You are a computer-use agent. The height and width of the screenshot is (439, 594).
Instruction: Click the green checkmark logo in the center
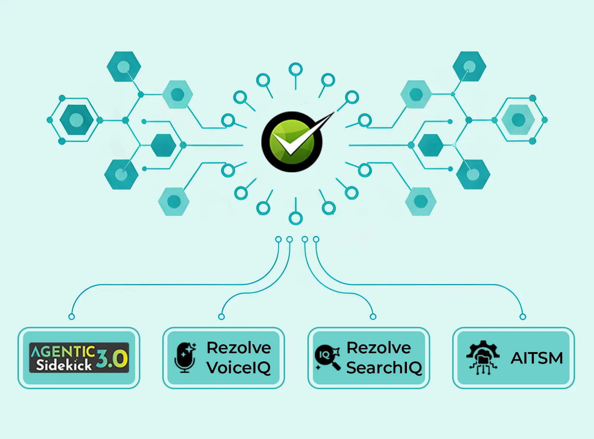[x=292, y=142]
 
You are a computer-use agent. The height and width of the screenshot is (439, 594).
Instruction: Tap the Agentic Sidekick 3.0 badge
[x=79, y=358]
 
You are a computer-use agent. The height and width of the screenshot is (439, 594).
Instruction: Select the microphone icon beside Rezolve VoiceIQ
[x=185, y=358]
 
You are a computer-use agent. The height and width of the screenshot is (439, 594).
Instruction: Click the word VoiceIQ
[x=239, y=368]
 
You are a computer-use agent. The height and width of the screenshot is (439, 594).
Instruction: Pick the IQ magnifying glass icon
[x=327, y=357]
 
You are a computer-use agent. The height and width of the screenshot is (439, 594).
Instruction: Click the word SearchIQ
[x=384, y=368]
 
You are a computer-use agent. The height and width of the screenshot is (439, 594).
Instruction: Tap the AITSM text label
[x=537, y=358]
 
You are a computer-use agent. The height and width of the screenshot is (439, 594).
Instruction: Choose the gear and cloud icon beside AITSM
[x=482, y=358]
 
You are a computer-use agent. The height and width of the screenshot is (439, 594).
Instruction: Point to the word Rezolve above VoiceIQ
[x=239, y=348]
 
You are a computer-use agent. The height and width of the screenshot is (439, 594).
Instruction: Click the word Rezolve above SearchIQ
[x=379, y=348]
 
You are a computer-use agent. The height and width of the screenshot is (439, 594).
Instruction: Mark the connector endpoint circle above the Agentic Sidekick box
[x=72, y=317]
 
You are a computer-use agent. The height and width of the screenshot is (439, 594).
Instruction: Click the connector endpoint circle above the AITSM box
[x=523, y=317]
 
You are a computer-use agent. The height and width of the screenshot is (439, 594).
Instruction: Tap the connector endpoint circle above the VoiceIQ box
[x=222, y=317]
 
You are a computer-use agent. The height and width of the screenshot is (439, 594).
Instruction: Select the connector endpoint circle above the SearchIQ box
[x=373, y=317]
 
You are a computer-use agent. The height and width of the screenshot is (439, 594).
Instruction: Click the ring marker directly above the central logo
[x=296, y=69]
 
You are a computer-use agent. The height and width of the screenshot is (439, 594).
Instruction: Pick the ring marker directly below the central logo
[x=296, y=218]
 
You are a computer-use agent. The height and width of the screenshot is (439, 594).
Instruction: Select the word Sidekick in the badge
[x=63, y=365]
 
